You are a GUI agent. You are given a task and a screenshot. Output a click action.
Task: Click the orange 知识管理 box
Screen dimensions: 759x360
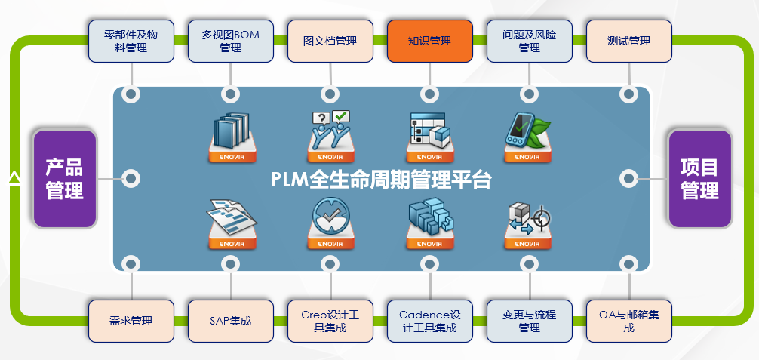430,42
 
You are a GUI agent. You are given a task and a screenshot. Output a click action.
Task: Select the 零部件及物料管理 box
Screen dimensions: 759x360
131,42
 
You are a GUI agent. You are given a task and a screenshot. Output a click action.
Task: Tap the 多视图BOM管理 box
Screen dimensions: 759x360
230,42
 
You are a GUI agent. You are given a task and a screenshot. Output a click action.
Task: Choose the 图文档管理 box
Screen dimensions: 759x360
330,42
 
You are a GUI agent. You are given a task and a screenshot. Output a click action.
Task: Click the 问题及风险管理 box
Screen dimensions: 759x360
530,42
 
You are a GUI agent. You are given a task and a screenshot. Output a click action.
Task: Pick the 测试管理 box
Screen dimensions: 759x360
628,42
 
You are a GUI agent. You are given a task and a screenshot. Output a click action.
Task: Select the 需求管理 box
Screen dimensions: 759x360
131,321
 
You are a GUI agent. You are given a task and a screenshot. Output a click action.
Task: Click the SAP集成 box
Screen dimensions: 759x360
230,321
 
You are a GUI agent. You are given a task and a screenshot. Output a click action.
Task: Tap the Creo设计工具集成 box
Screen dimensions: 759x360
330,321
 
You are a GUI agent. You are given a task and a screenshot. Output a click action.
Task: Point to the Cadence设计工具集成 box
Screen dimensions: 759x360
430,321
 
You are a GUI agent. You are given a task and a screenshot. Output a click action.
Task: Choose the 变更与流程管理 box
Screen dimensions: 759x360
530,321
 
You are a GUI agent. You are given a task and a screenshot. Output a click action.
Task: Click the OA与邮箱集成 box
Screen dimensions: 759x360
628,321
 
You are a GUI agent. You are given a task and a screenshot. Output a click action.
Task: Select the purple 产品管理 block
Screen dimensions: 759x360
65,179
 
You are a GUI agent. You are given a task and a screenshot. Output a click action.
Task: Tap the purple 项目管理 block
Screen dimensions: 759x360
699,179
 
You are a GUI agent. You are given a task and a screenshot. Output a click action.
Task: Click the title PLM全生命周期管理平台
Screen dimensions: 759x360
381,180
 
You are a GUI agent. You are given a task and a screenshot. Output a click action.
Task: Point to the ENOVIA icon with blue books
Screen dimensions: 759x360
232,137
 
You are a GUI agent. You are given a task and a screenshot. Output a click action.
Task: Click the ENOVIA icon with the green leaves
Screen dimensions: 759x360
527,137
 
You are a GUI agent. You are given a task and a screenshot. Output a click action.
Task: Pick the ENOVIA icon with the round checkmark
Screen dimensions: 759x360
331,223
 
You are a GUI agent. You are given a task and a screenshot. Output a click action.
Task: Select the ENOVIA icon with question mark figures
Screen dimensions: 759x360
331,137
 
